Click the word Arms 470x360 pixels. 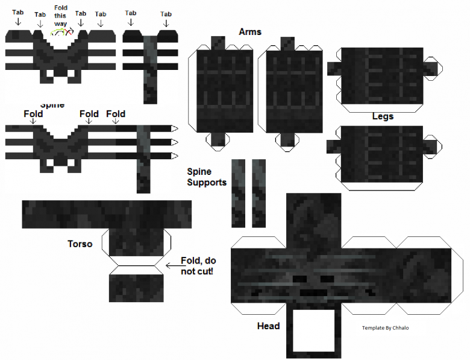click(250, 31)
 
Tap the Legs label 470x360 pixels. click(382, 116)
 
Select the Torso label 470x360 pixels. click(80, 244)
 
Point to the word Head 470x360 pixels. click(268, 326)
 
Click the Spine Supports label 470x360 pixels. click(207, 177)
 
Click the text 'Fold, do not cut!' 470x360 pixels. click(198, 266)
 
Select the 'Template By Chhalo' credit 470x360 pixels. click(385, 328)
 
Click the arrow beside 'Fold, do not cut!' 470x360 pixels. click(171, 263)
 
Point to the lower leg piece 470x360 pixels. click(381, 154)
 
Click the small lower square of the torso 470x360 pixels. click(136, 286)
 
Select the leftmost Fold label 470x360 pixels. click(34, 113)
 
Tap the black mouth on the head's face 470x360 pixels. click(313, 292)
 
